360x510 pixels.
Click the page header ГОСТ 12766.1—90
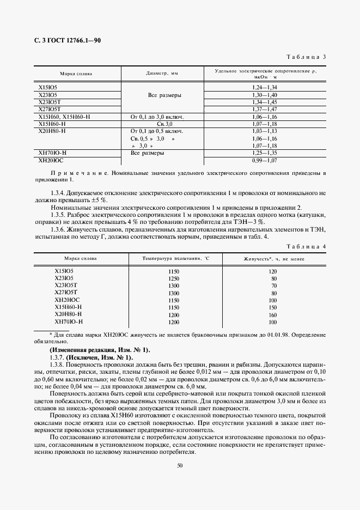(67, 41)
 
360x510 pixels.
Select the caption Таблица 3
(307, 57)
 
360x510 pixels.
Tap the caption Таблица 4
(307, 231)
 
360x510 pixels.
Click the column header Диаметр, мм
(162, 73)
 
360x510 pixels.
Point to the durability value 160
(273, 314)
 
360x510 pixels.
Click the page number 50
(180, 465)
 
